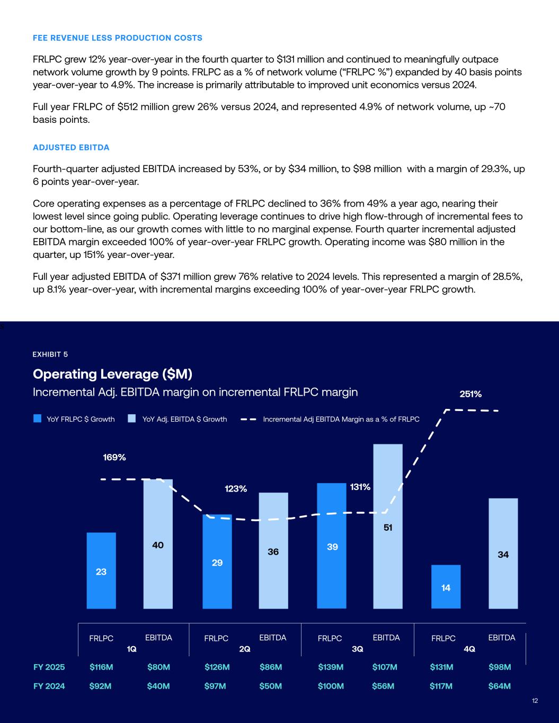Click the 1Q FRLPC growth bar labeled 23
[101, 570]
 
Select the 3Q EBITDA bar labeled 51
[388, 526]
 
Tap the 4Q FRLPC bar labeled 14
[446, 587]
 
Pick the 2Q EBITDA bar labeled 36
[273, 551]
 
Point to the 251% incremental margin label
[470, 394]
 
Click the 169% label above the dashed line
[114, 457]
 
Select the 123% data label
[236, 489]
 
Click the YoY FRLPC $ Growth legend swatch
[37, 419]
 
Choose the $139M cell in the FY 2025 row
[331, 667]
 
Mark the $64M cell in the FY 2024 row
[499, 686]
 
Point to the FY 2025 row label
[49, 667]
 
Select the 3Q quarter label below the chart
[358, 649]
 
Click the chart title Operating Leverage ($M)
[112, 374]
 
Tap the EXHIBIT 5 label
[50, 354]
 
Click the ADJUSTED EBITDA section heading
[71, 147]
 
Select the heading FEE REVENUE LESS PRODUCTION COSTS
[117, 38]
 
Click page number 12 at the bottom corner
[535, 701]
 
